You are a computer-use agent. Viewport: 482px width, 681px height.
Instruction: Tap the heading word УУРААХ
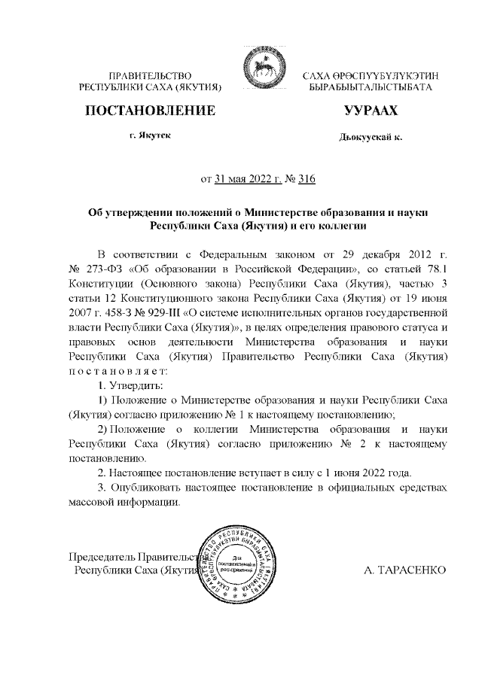[x=370, y=111]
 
